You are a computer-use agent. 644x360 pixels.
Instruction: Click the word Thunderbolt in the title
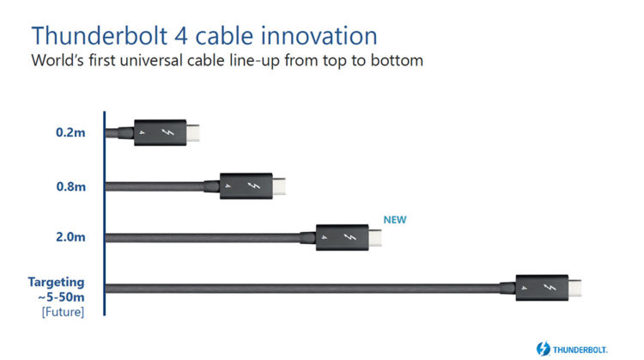click(100, 35)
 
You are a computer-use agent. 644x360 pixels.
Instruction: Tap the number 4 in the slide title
click(181, 36)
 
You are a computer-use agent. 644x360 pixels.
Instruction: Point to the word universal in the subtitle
click(151, 60)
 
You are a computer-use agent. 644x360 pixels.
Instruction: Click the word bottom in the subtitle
click(397, 60)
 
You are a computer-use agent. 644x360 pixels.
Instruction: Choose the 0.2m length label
click(70, 132)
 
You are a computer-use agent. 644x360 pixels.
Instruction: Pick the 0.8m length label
click(71, 186)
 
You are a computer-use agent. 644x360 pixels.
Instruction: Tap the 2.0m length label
click(70, 237)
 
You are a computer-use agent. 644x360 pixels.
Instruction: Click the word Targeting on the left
click(57, 283)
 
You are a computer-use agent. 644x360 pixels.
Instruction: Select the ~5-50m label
click(61, 296)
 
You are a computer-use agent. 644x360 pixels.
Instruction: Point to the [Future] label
click(63, 312)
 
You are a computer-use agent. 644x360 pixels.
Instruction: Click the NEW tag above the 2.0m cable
click(395, 220)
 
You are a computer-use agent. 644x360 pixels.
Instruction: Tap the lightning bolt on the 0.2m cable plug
click(167, 132)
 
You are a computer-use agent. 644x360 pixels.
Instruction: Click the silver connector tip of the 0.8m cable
click(279, 186)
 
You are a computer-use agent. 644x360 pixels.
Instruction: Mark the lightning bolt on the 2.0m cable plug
click(349, 237)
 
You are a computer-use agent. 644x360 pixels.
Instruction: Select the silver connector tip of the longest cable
click(574, 288)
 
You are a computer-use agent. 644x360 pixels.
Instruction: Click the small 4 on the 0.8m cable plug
click(228, 186)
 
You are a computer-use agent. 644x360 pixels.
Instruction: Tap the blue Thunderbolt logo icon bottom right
click(543, 349)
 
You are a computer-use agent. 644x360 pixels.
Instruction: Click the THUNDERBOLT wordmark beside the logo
click(580, 351)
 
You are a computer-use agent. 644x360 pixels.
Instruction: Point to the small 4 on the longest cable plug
click(524, 288)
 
